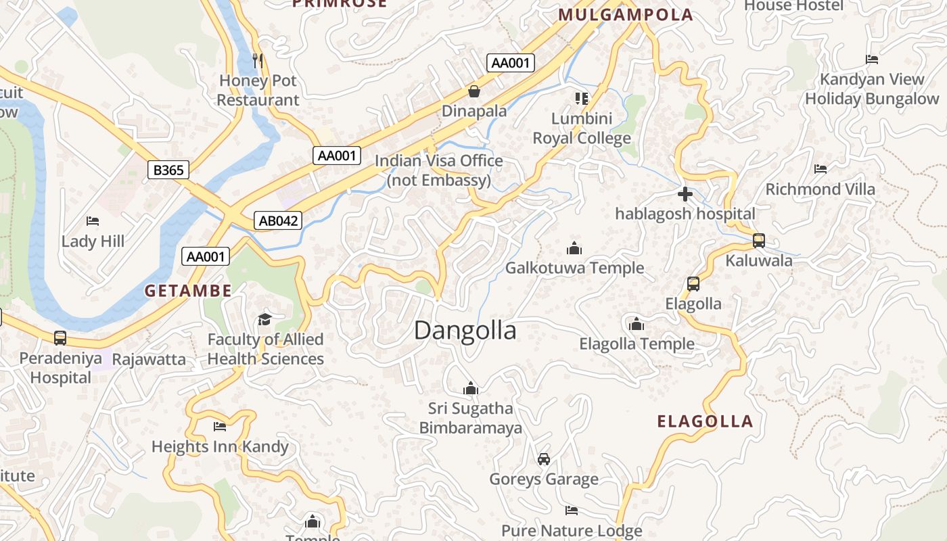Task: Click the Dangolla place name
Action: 465,331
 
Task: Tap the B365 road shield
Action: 168,170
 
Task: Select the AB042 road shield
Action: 277,220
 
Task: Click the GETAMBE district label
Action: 188,291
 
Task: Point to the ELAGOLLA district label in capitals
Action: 705,422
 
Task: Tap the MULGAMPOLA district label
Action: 626,15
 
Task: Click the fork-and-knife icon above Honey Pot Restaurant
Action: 258,61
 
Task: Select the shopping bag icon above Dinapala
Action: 474,91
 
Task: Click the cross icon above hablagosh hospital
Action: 685,195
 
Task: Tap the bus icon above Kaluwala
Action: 759,241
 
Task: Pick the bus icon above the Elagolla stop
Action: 693,284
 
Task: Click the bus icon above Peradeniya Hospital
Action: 60,338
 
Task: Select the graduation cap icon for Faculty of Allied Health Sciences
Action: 264,319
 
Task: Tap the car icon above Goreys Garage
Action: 544,459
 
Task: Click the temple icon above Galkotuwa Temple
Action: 574,248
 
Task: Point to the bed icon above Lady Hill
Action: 93,221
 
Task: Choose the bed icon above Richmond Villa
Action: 821,169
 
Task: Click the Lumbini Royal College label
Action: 582,128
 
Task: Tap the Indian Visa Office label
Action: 439,170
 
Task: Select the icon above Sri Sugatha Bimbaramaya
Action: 471,388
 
